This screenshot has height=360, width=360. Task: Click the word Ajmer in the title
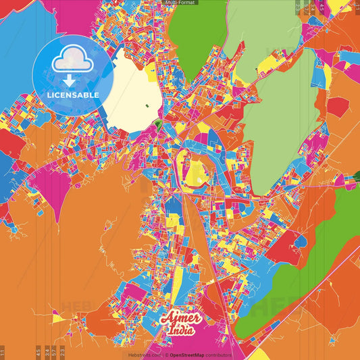(178, 317)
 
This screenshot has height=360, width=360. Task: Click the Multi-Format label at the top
(180, 3)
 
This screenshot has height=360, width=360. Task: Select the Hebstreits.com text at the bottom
(145, 355)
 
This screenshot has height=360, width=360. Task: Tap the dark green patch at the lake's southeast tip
(157, 124)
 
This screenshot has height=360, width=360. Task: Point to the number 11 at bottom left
(3, 352)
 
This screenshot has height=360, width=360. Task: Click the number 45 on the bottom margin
(38, 352)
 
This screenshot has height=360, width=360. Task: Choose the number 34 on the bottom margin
(47, 352)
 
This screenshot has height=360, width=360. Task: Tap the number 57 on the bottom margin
(54, 352)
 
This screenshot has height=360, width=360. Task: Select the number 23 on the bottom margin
(62, 352)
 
